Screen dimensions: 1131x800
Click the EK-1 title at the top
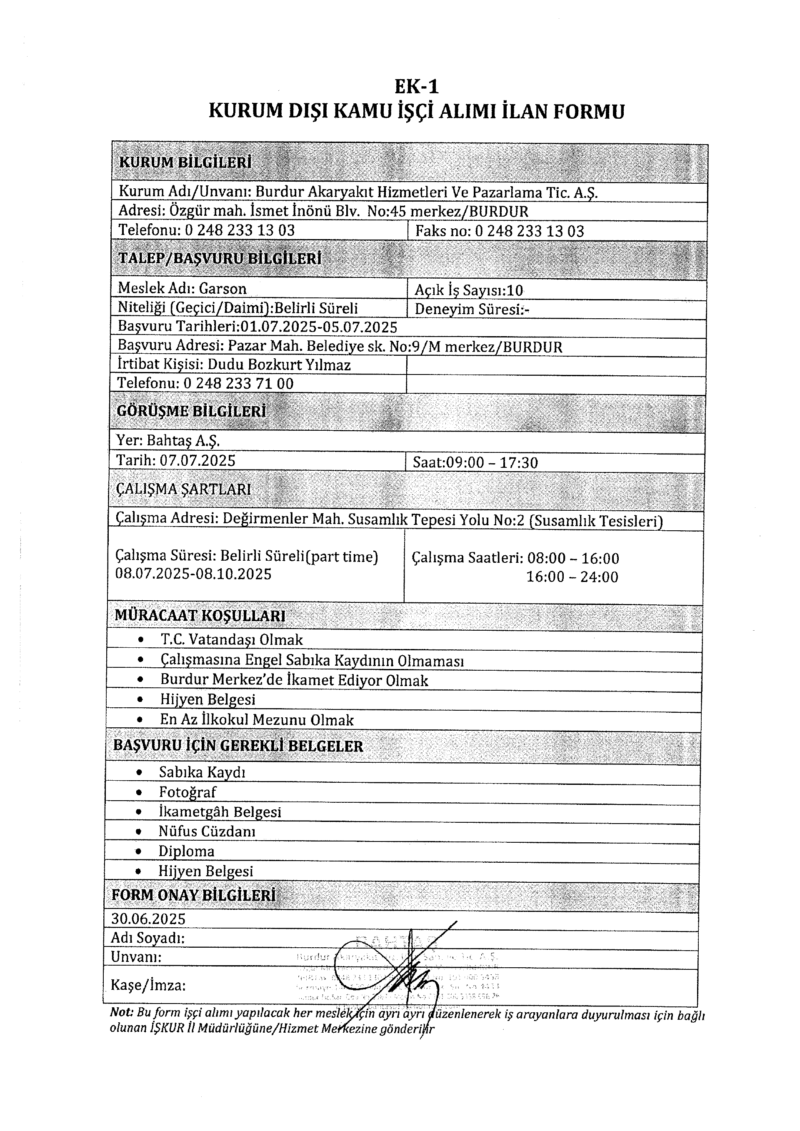416,87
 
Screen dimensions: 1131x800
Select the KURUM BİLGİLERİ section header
185,162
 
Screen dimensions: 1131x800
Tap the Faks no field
500,231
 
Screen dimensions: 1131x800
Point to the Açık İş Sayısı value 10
514,290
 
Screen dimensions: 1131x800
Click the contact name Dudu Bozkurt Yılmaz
279,365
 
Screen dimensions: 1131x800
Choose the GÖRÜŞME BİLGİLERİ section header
191,411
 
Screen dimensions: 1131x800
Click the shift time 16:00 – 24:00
572,577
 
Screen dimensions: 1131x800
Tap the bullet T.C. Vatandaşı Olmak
231,640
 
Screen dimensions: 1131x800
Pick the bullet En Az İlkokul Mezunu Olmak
256,720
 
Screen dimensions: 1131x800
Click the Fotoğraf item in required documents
187,792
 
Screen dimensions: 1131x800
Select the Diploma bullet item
186,851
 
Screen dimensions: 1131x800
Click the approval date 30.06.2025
148,919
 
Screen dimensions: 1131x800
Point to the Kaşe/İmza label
148,985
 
